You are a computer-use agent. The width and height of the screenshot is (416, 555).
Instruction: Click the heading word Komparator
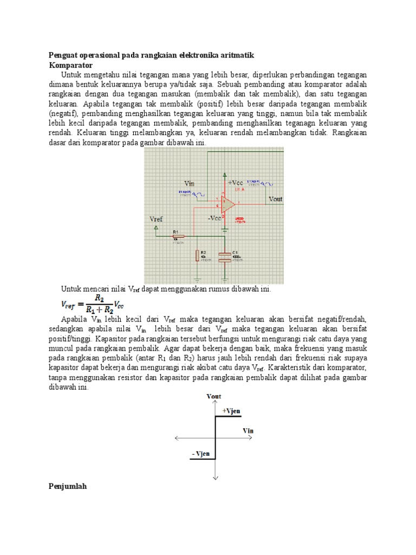pyautogui.click(x=70, y=64)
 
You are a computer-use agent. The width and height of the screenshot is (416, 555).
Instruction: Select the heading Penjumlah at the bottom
pyautogui.click(x=68, y=487)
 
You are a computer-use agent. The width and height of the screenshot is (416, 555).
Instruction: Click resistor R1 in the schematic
pyautogui.click(x=178, y=236)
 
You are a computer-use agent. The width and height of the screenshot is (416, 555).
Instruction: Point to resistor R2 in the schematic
pyautogui.click(x=198, y=255)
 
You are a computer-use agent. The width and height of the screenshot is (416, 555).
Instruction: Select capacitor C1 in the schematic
pyautogui.click(x=225, y=256)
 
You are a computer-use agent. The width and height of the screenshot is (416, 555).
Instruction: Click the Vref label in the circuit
pyautogui.click(x=156, y=219)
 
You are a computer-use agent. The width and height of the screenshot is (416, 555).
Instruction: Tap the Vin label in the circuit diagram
pyautogui.click(x=190, y=183)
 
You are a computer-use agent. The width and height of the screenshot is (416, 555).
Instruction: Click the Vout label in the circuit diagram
pyautogui.click(x=276, y=199)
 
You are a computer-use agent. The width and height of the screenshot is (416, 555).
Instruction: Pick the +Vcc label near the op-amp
pyautogui.click(x=237, y=183)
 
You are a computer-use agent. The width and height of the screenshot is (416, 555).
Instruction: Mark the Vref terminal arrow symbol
pyautogui.click(x=156, y=229)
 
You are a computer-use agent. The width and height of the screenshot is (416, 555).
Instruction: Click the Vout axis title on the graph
pyautogui.click(x=214, y=397)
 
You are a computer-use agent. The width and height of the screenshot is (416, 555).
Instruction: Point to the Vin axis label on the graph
pyautogui.click(x=248, y=430)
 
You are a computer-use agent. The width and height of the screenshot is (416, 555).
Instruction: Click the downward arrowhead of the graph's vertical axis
pyautogui.click(x=216, y=477)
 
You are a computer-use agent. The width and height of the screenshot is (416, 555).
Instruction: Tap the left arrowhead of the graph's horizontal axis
pyautogui.click(x=177, y=438)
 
